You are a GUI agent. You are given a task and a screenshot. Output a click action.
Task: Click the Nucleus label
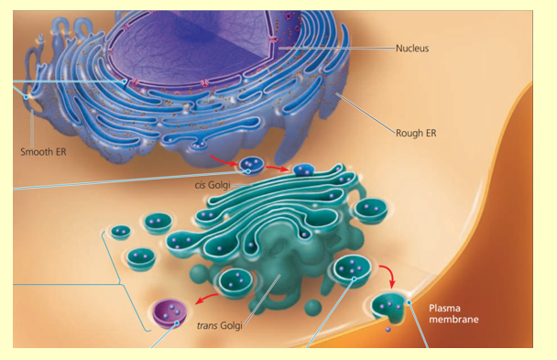[412, 48]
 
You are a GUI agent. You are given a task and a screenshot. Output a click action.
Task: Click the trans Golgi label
[224, 323]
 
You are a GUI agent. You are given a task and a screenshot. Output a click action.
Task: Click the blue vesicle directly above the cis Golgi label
[252, 166]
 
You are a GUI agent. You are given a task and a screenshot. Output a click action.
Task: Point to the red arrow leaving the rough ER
[224, 161]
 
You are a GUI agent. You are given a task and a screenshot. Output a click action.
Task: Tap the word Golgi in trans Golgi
[235, 323]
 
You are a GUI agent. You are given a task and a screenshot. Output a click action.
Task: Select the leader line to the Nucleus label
[339, 48]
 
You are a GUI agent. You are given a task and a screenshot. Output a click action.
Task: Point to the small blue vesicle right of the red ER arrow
[303, 169]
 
